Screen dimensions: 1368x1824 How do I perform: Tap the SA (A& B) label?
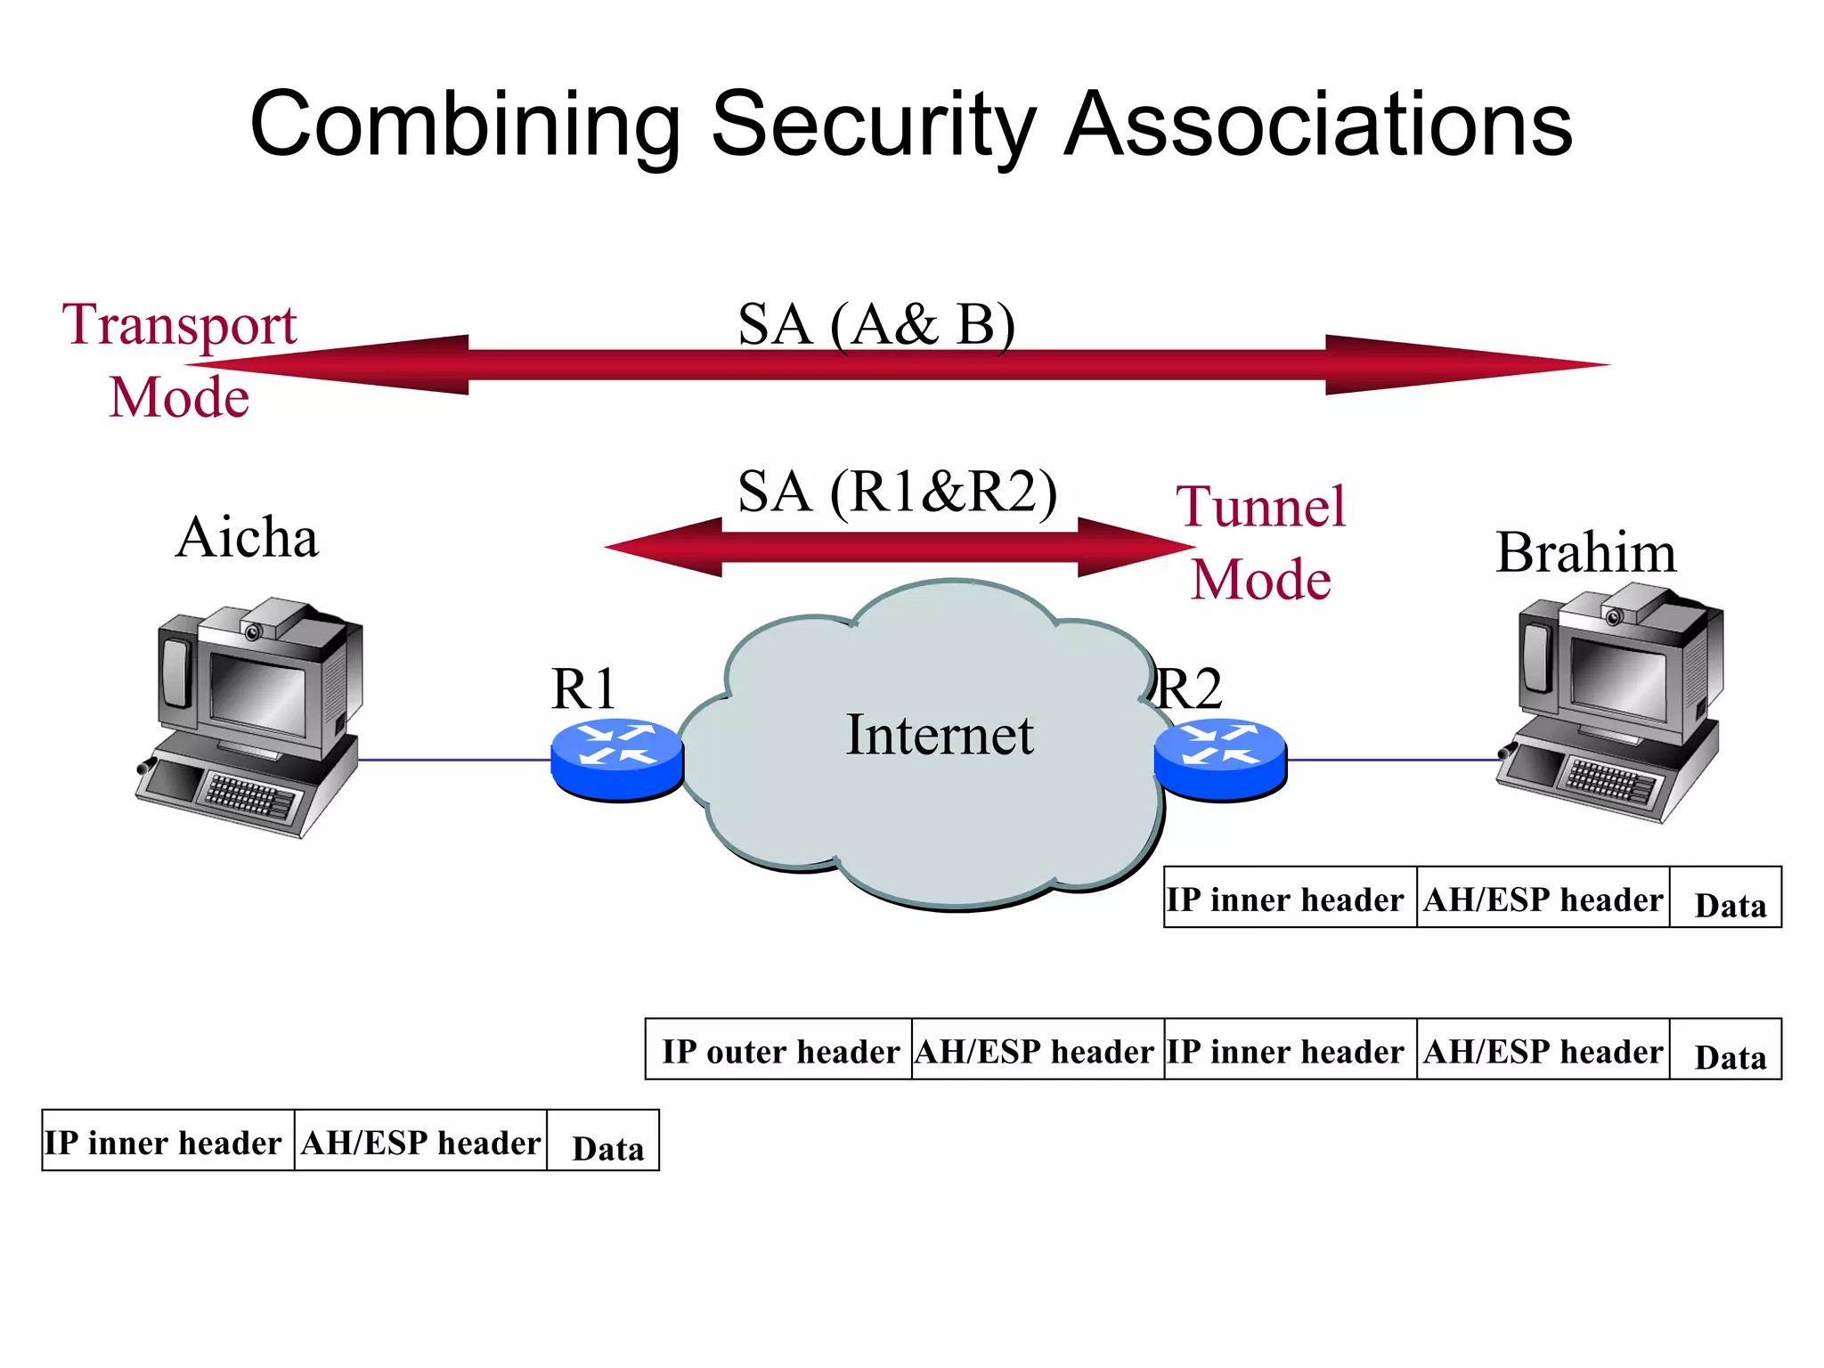(876, 324)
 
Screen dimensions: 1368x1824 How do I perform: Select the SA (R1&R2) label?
(897, 492)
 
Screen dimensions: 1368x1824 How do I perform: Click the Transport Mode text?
(180, 360)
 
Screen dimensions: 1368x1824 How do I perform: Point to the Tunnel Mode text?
(1261, 542)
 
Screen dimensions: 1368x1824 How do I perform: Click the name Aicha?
(247, 538)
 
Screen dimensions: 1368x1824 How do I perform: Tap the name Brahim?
(1585, 552)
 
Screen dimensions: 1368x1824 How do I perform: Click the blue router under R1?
(616, 757)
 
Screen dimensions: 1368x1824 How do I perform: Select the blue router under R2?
(1220, 757)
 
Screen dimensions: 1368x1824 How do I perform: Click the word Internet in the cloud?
(939, 736)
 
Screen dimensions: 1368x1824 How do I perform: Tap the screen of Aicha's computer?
(256, 693)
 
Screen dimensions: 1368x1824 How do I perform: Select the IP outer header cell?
(779, 1050)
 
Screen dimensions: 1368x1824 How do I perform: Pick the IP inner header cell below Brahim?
(1289, 898)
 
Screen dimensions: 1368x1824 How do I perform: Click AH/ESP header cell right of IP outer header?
(1037, 1050)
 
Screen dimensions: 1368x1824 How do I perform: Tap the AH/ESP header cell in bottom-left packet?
(420, 1142)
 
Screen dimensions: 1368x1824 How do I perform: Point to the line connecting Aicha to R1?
(454, 761)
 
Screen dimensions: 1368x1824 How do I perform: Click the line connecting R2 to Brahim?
(1394, 761)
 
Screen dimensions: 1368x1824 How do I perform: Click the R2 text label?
(1191, 689)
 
